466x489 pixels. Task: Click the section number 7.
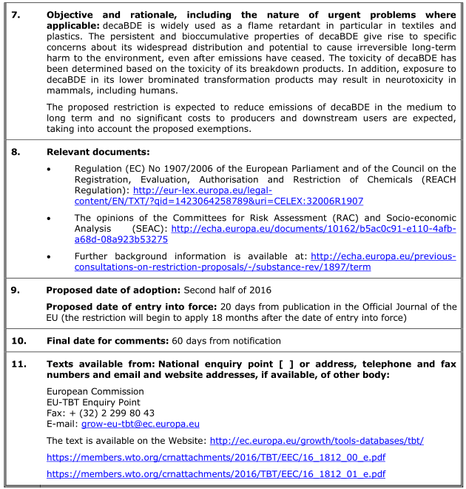[14, 15]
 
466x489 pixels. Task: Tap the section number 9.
[15, 289]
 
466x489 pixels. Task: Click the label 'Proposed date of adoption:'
[113, 289]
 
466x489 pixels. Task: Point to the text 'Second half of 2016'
[228, 289]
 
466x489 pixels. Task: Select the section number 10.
[17, 341]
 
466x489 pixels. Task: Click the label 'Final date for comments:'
[108, 341]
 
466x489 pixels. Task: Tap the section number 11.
[17, 364]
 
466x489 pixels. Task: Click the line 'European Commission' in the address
[95, 391]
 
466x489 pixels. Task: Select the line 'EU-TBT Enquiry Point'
[93, 402]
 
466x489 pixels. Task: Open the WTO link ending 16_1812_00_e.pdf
[215, 457]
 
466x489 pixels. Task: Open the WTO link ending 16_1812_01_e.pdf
[215, 473]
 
